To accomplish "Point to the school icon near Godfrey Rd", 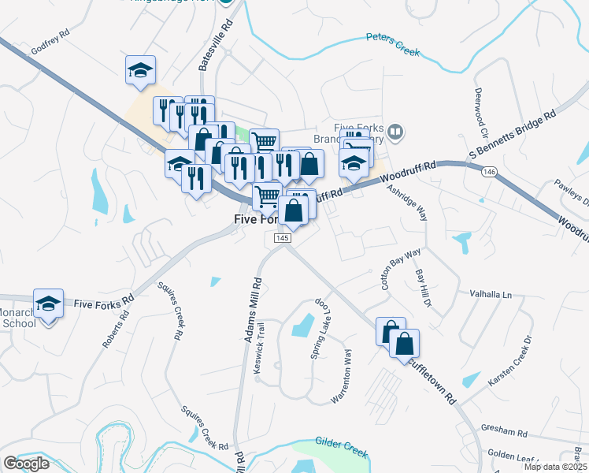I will click(140, 71).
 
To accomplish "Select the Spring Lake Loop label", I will click(317, 330).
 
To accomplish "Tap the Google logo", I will click(26, 464).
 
